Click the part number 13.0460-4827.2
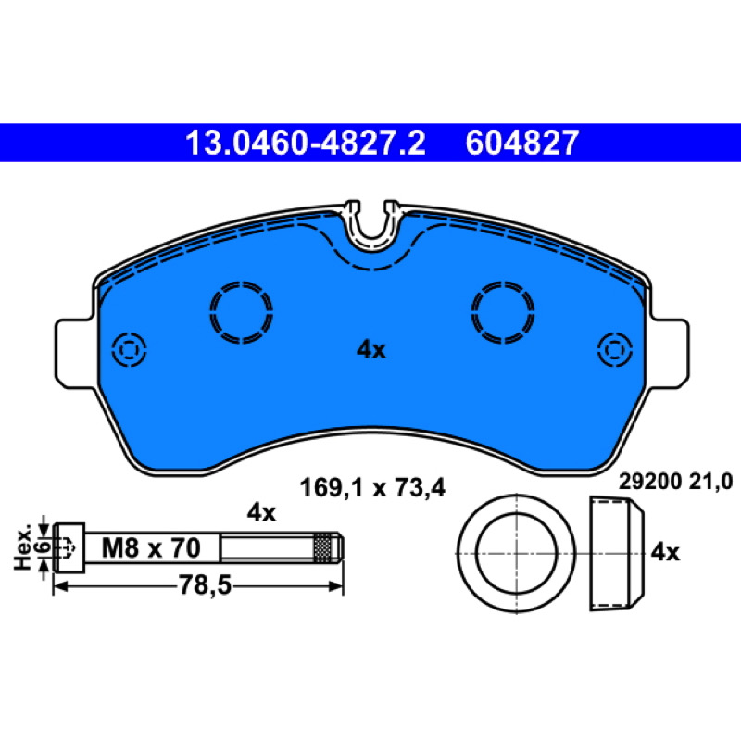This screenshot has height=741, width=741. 306,143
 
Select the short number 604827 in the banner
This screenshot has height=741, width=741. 521,143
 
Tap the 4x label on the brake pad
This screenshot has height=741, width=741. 371,350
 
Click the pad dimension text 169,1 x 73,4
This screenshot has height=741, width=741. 372,488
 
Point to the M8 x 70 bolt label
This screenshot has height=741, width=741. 151,548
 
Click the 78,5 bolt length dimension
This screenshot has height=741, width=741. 205,586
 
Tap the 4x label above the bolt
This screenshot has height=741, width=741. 261,513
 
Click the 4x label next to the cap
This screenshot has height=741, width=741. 665,552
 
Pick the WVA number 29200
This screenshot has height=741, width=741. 650,482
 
